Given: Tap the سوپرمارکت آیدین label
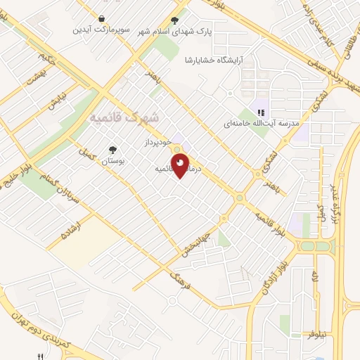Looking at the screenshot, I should [104, 31].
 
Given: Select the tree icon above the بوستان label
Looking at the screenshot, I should [112, 149].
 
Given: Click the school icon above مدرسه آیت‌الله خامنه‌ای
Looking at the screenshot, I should [261, 112].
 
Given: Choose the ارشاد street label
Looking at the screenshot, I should [72, 230].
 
